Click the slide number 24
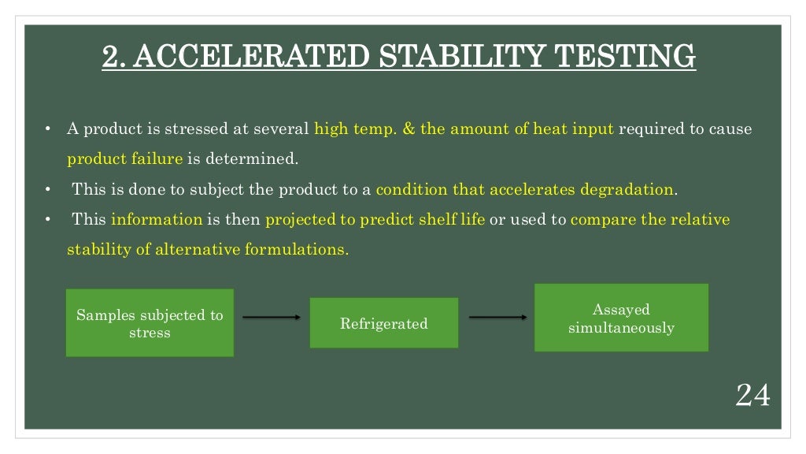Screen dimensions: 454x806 752,395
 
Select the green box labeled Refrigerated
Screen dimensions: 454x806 384,323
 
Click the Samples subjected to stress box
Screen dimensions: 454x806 150,323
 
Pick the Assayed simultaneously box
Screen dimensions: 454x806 621,318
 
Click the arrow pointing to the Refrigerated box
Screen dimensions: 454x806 272,317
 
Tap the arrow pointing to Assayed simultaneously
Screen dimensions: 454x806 497,317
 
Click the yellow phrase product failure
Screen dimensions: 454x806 124,158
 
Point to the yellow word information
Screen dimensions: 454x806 157,219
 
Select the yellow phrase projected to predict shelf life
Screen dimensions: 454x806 375,219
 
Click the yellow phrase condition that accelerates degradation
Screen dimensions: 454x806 525,189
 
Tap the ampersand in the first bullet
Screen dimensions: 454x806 409,128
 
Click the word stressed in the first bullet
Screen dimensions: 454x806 198,128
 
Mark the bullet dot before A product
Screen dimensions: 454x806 48,128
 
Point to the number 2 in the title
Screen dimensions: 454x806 112,57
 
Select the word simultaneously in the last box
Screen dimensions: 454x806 621,327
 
